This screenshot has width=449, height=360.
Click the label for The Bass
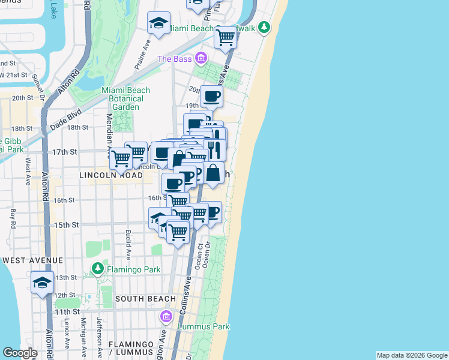click(x=175, y=59)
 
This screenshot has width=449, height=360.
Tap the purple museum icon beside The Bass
click(x=200, y=59)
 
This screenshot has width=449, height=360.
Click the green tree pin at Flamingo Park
click(x=97, y=268)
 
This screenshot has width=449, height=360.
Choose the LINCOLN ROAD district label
click(x=111, y=175)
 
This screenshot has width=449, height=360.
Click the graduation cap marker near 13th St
click(x=42, y=283)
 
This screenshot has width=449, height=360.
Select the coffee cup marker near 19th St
click(x=211, y=96)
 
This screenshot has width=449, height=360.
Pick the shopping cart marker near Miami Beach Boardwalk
click(x=226, y=37)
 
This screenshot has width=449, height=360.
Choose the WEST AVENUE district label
click(x=32, y=260)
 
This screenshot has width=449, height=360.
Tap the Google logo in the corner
click(x=20, y=353)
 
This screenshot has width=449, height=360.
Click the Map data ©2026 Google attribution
click(x=411, y=355)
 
